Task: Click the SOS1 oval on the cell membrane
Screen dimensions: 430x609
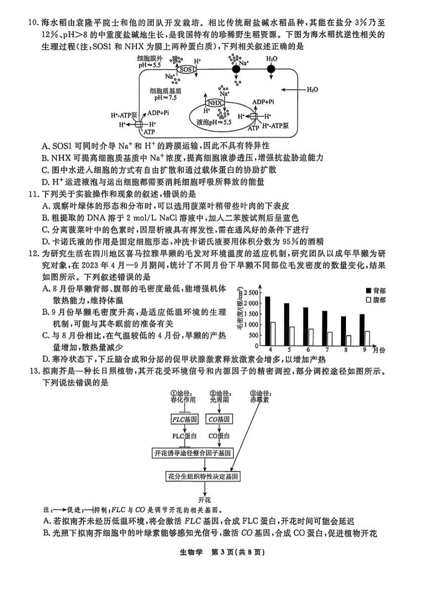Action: pyautogui.click(x=186, y=70)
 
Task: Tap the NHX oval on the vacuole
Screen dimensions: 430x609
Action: pyautogui.click(x=215, y=103)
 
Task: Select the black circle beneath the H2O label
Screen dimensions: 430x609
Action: pyautogui.click(x=271, y=69)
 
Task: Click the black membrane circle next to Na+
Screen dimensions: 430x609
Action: pyautogui.click(x=236, y=69)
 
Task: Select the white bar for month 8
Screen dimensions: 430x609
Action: pyautogui.click(x=348, y=340)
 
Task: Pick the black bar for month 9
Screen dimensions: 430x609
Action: pyautogui.click(x=362, y=329)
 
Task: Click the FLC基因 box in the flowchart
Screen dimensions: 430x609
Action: pyautogui.click(x=184, y=419)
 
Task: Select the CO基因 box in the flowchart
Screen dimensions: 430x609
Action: pyautogui.click(x=219, y=419)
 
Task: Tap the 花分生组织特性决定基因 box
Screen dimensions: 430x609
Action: pyautogui.click(x=203, y=476)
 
